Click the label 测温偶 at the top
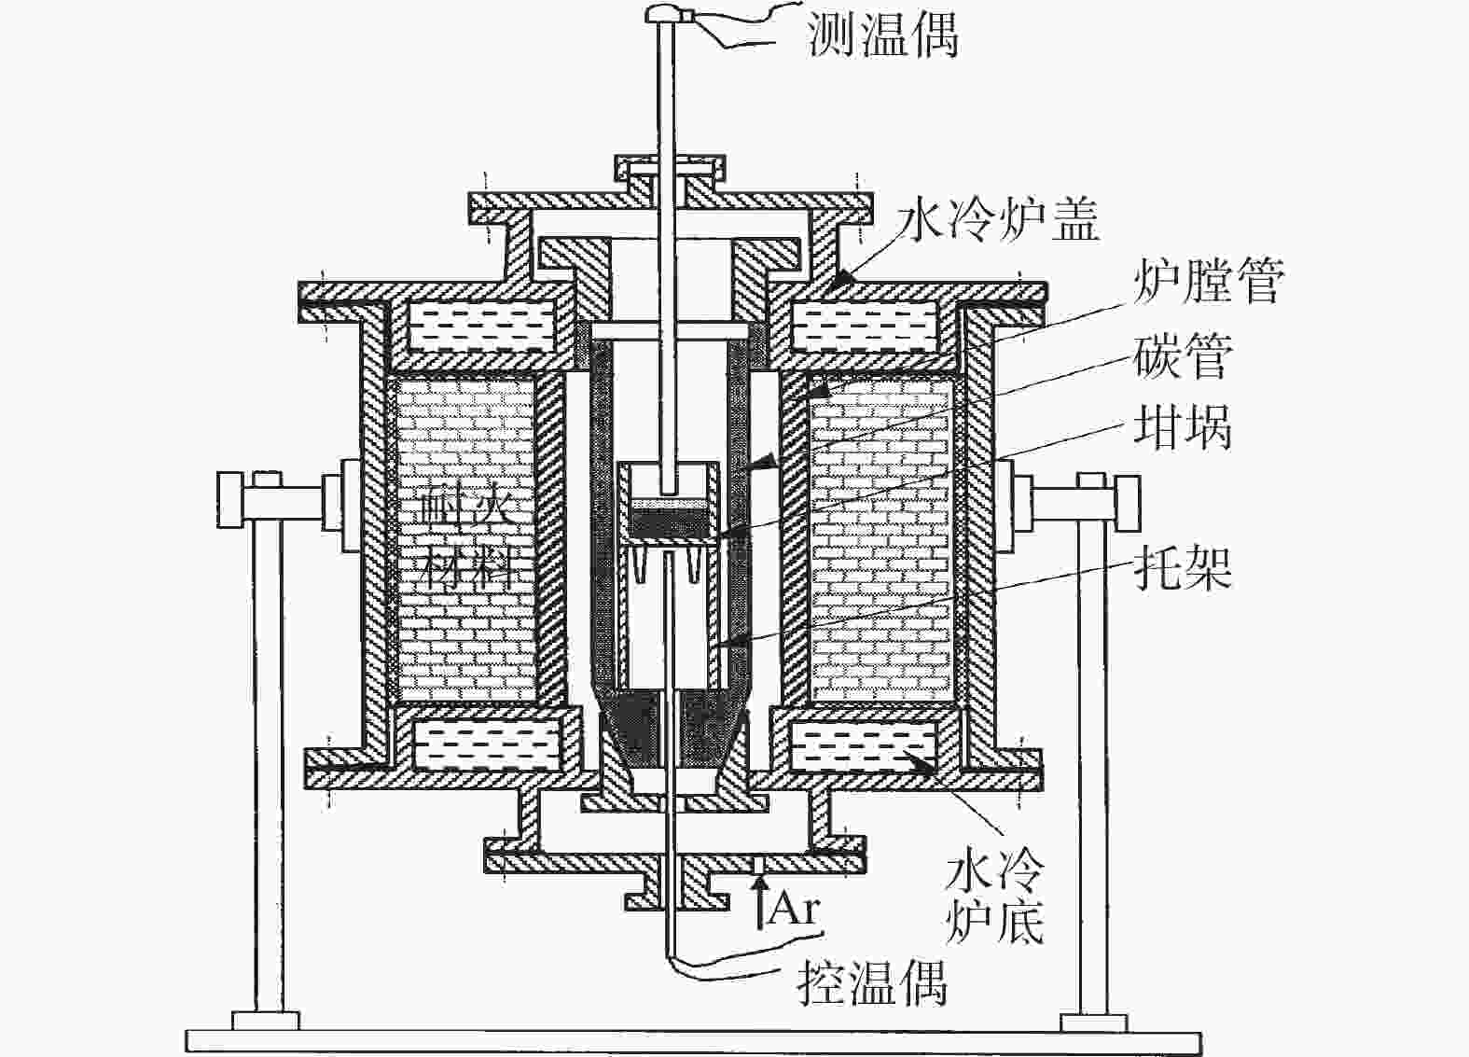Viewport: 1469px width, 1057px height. pos(882,35)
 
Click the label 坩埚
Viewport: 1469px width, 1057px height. pos(1182,426)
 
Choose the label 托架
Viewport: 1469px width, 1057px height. pos(1182,565)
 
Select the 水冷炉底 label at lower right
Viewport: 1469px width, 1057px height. pos(994,899)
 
